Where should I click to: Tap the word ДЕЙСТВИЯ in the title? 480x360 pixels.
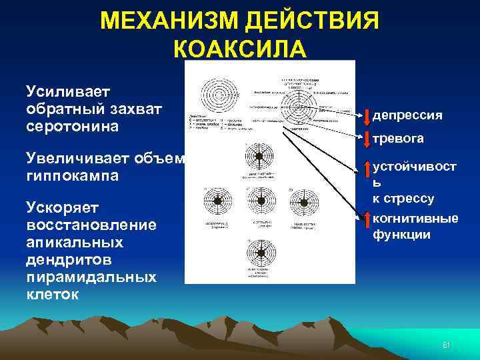[314, 21]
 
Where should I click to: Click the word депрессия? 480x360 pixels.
[407, 115]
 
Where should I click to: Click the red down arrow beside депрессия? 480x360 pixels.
[367, 115]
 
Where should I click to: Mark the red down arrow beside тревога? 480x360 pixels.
[367, 137]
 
